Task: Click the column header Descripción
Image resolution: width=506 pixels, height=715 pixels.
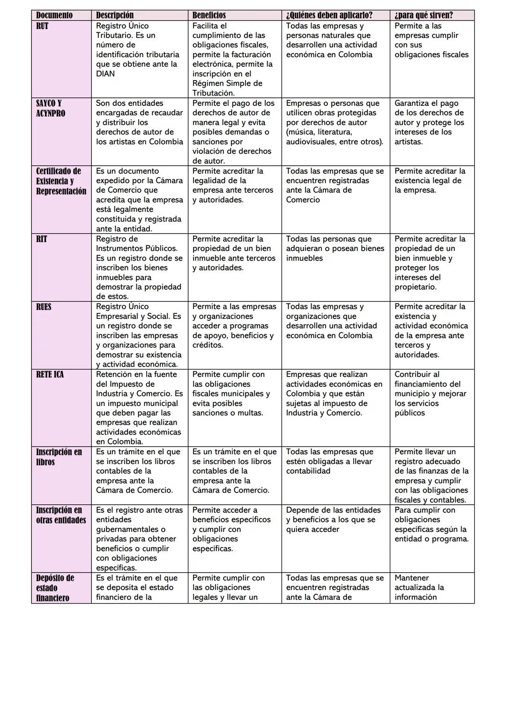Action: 115,15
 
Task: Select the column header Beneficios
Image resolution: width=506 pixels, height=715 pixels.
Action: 209,15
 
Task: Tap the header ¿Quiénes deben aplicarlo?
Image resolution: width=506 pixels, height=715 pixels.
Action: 329,15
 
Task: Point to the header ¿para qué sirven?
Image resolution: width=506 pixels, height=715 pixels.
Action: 424,15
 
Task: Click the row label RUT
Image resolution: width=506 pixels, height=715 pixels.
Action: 42,26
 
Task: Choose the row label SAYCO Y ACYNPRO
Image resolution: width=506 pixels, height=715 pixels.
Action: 50,108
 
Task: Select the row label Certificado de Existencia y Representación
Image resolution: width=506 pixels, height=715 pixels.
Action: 61,181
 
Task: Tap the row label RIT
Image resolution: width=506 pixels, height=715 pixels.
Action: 42,239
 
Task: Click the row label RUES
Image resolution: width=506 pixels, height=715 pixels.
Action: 44,307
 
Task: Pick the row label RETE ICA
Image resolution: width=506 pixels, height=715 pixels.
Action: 50,375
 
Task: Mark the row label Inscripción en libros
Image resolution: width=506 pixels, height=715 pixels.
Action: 59,457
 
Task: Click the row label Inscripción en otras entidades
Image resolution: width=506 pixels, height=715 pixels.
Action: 61,515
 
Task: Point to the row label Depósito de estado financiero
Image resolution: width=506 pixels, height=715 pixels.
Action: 55,588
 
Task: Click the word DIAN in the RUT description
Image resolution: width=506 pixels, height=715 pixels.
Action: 105,74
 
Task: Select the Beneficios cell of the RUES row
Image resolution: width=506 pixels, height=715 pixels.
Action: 234,326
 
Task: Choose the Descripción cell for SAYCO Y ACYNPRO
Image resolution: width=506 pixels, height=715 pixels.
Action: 139,123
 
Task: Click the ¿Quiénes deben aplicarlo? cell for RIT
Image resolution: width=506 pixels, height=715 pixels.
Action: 335,249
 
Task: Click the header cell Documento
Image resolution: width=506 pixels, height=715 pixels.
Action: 54,15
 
